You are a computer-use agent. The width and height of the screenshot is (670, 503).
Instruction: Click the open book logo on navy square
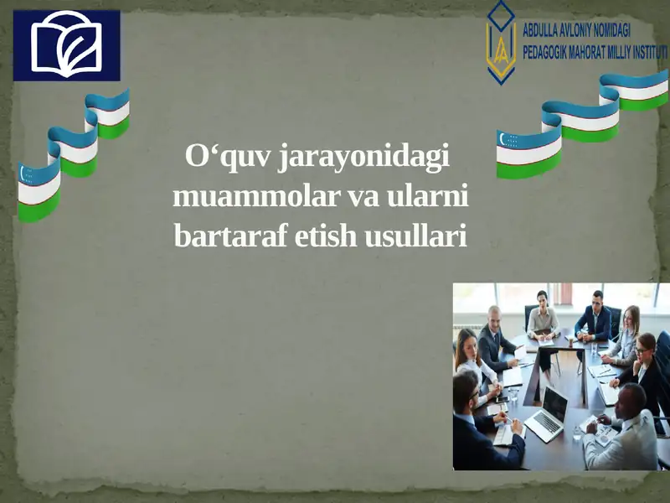[x=66, y=44]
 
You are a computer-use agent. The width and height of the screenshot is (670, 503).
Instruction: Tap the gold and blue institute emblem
[x=501, y=43]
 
